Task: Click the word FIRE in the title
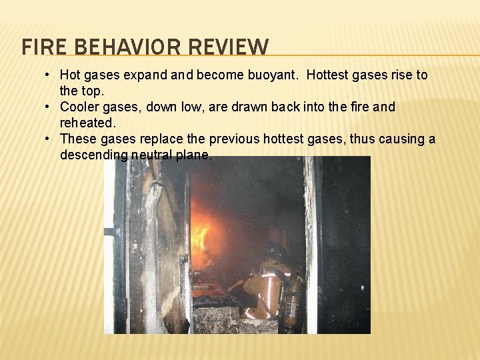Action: [38, 47]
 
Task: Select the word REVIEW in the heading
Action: [229, 47]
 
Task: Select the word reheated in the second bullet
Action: [87, 123]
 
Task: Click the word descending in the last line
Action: [93, 155]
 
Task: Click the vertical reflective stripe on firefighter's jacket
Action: [270, 293]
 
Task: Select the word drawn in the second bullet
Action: [258, 107]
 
